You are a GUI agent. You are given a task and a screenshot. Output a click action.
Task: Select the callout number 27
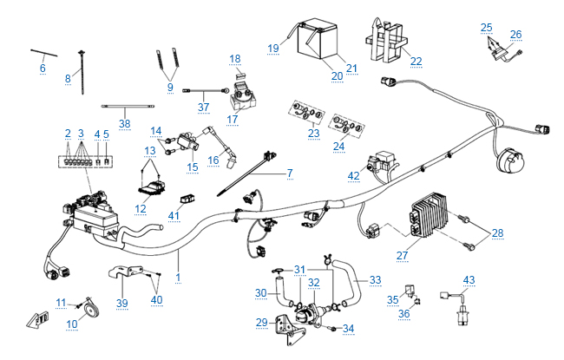pyautogui.click(x=402, y=256)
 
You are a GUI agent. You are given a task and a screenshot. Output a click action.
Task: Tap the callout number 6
pyautogui.click(x=43, y=68)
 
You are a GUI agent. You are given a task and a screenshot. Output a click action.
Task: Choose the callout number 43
pyautogui.click(x=469, y=279)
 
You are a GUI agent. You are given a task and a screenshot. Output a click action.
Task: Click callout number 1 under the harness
pyautogui.click(x=179, y=277)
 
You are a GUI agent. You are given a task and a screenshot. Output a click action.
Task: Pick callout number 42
pyautogui.click(x=353, y=176)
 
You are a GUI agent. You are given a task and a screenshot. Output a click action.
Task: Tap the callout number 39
pyautogui.click(x=122, y=303)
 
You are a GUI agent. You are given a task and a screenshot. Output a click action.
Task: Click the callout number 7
pyautogui.click(x=290, y=173)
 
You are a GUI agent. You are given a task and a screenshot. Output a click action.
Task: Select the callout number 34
pyautogui.click(x=349, y=329)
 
